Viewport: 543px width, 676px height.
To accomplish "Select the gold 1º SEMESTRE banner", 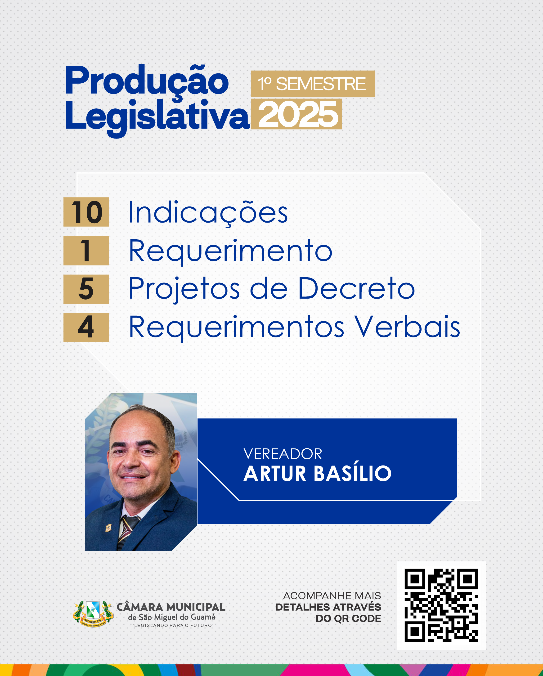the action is [313, 84].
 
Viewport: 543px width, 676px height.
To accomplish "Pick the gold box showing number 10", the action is [86, 212].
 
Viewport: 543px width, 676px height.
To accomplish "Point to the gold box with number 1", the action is [86, 251].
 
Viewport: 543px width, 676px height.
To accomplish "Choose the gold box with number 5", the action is [86, 289].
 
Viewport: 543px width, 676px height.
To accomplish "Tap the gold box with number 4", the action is [86, 327].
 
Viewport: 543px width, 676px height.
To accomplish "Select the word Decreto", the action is [356, 288].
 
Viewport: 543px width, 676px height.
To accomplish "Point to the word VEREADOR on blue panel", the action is [283, 454].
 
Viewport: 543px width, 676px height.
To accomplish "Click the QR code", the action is [441, 605].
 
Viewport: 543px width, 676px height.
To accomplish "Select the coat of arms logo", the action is [93, 613].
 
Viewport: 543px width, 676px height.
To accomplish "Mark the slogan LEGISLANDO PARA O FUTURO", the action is [173, 626].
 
